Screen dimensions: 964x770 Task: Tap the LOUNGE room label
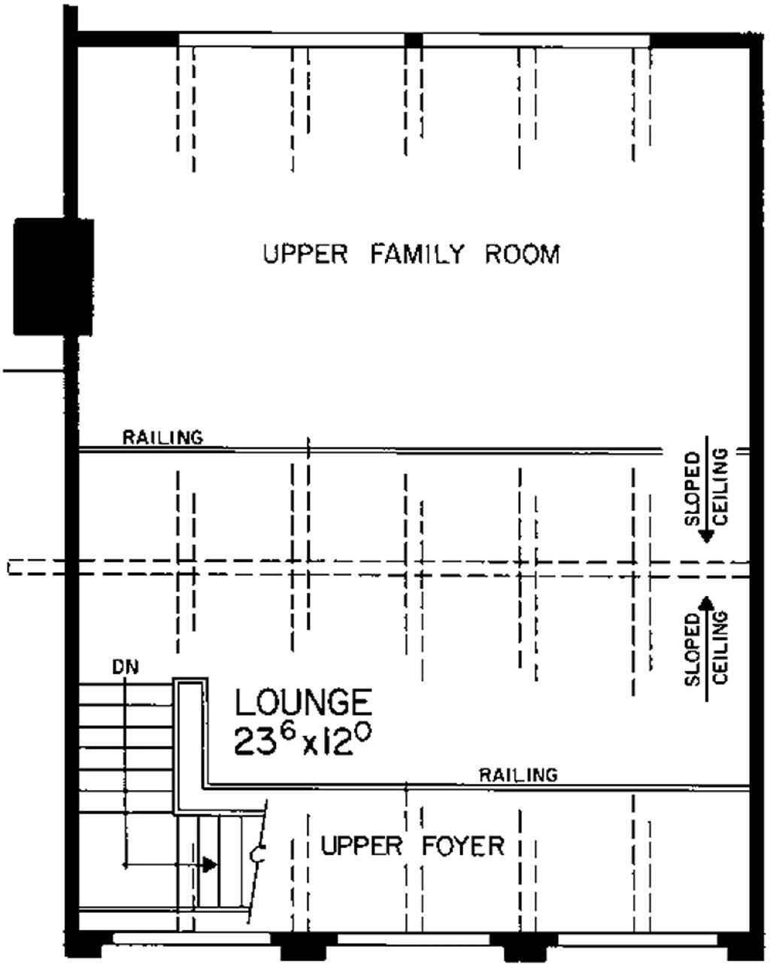click(x=303, y=702)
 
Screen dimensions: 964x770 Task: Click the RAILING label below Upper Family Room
click(x=163, y=436)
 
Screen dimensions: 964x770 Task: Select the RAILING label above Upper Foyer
click(x=519, y=774)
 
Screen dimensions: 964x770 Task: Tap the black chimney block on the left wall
click(x=53, y=276)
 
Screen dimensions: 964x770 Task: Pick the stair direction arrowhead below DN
click(x=209, y=865)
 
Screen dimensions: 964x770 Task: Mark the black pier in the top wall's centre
click(x=413, y=40)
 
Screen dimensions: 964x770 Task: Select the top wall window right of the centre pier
click(x=536, y=40)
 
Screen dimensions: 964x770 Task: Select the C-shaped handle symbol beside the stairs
click(x=257, y=854)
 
